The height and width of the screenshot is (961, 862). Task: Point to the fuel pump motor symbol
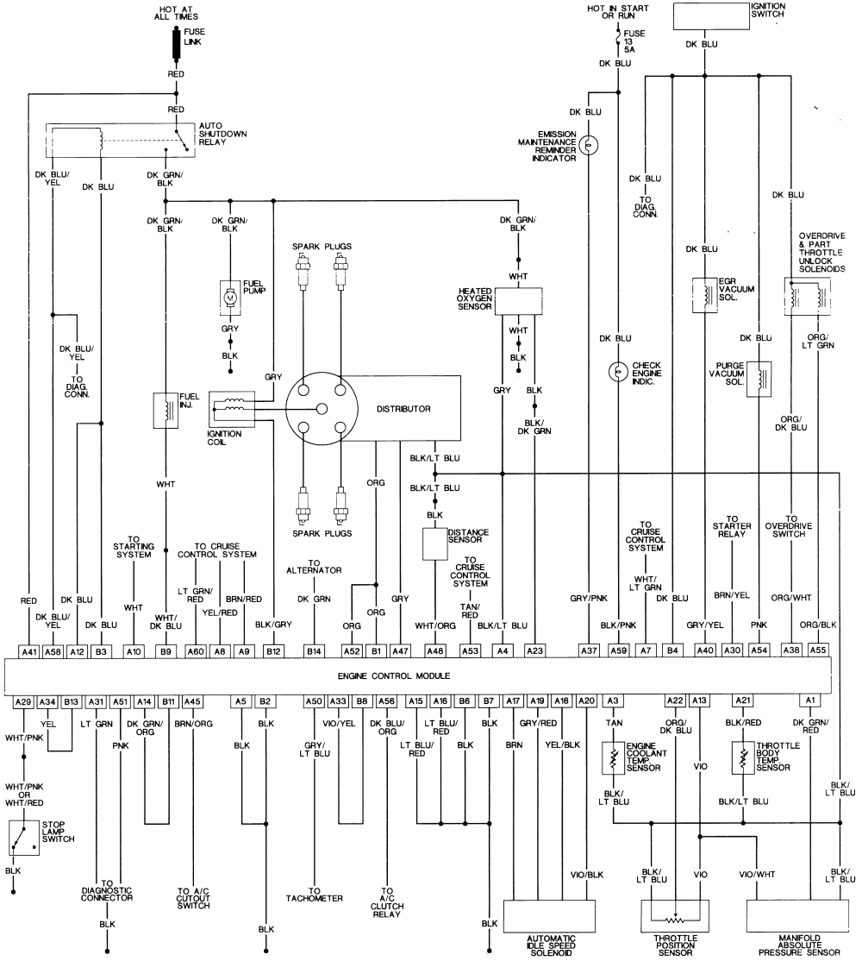pyautogui.click(x=230, y=297)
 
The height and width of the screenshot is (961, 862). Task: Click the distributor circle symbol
pyautogui.click(x=321, y=408)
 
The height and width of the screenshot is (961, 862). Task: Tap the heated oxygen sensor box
pyautogui.click(x=517, y=300)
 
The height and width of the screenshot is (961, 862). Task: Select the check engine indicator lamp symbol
pyautogui.click(x=618, y=372)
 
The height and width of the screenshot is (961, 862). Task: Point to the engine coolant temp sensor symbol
pyautogui.click(x=614, y=757)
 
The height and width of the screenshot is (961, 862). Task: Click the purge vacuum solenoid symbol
pyautogui.click(x=758, y=378)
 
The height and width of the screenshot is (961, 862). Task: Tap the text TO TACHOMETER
pyautogui.click(x=315, y=895)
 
